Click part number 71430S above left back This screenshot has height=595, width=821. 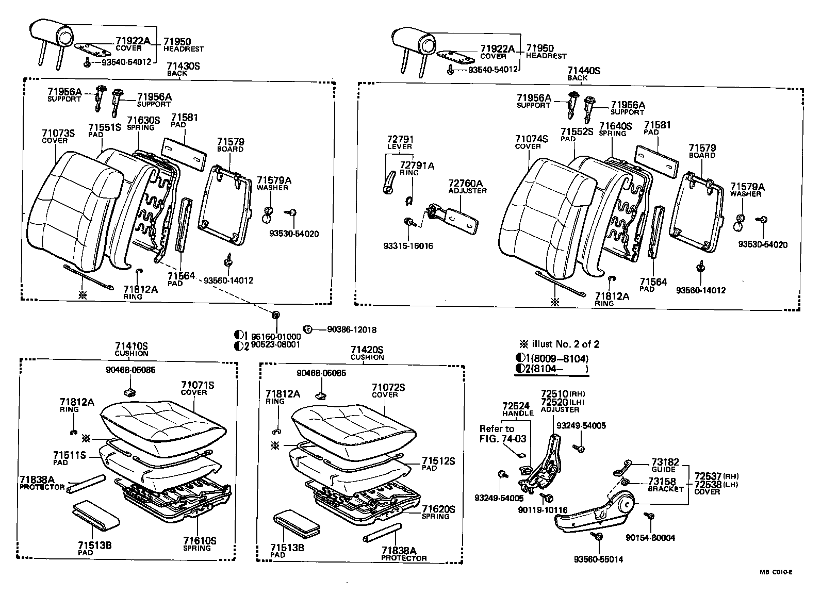[x=183, y=66]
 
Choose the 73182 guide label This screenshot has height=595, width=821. [x=665, y=462]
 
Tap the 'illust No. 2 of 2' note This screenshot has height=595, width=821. [x=560, y=344]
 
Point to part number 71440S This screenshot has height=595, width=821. [x=584, y=71]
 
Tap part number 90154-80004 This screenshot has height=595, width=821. [x=650, y=538]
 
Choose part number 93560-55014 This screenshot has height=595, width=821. [x=598, y=559]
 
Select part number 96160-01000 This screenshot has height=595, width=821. [x=276, y=336]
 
